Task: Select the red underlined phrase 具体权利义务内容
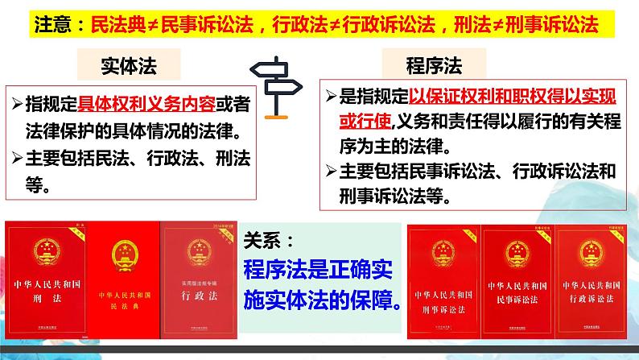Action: click(133, 104)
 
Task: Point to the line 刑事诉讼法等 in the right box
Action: click(394, 197)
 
